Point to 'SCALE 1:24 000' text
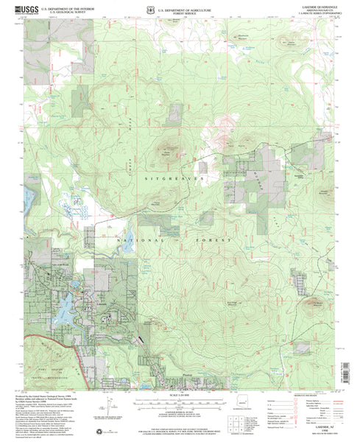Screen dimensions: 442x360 point(182,397)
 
